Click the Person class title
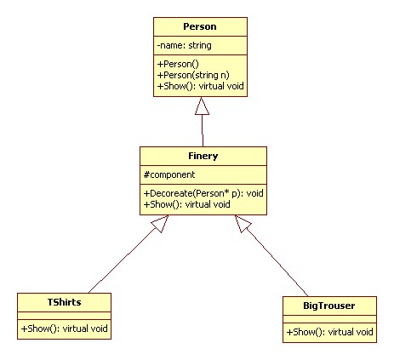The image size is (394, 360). [x=200, y=26]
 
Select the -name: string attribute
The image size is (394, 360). [x=185, y=45]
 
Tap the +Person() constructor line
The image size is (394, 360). [x=178, y=64]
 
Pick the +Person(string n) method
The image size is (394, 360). [x=193, y=75]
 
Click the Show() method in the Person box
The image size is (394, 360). [x=201, y=86]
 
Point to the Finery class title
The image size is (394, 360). [x=203, y=156]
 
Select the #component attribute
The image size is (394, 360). [x=169, y=174]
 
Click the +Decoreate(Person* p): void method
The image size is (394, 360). [x=203, y=193]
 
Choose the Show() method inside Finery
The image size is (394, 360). [x=187, y=204]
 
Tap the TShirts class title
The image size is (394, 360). [x=64, y=302]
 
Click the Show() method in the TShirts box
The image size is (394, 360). [x=65, y=329]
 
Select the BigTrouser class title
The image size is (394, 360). [x=329, y=306]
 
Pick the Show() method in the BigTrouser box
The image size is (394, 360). [x=329, y=332]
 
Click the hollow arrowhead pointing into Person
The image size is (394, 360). [x=202, y=106]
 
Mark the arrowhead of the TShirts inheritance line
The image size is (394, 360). [x=161, y=223]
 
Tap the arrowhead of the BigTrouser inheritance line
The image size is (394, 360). [x=243, y=223]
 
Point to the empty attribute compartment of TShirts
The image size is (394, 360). [x=64, y=316]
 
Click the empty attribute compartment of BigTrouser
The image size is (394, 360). [x=329, y=319]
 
